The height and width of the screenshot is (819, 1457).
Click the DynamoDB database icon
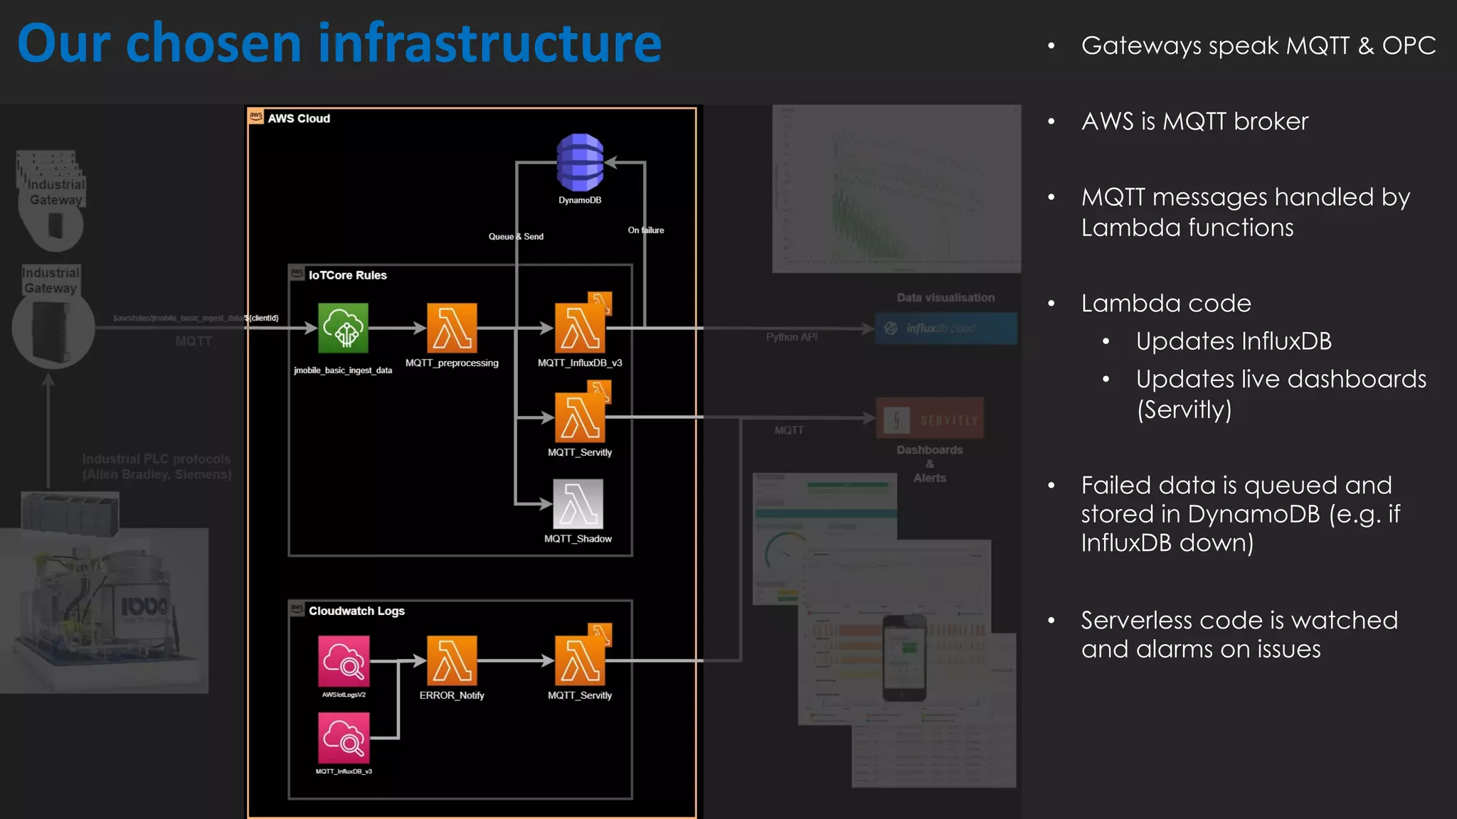(580, 162)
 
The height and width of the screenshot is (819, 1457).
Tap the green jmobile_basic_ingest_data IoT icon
(343, 328)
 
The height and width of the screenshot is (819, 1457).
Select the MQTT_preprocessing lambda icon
(452, 328)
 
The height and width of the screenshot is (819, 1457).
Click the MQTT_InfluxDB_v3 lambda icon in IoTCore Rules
(580, 328)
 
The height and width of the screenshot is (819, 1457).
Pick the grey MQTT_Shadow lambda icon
(578, 504)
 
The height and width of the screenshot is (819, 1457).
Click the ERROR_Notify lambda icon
(452, 660)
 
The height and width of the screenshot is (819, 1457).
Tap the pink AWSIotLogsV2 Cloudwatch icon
(344, 661)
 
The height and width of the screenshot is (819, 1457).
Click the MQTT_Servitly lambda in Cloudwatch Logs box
(580, 660)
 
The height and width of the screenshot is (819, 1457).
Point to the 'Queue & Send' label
(516, 237)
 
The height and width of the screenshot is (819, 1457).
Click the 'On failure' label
(646, 230)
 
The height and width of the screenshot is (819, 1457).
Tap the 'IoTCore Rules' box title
(347, 275)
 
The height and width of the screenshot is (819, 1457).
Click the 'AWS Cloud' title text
(299, 119)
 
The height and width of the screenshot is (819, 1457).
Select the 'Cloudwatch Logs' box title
(356, 611)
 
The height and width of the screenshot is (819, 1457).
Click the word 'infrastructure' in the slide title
(489, 44)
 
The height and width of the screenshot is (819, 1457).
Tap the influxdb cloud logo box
(945, 328)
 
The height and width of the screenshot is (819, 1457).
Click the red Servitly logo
(930, 419)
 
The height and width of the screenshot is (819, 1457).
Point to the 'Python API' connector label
(791, 337)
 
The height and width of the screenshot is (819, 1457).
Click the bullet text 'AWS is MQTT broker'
(1194, 122)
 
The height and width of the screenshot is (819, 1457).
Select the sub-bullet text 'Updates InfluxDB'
(1233, 341)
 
